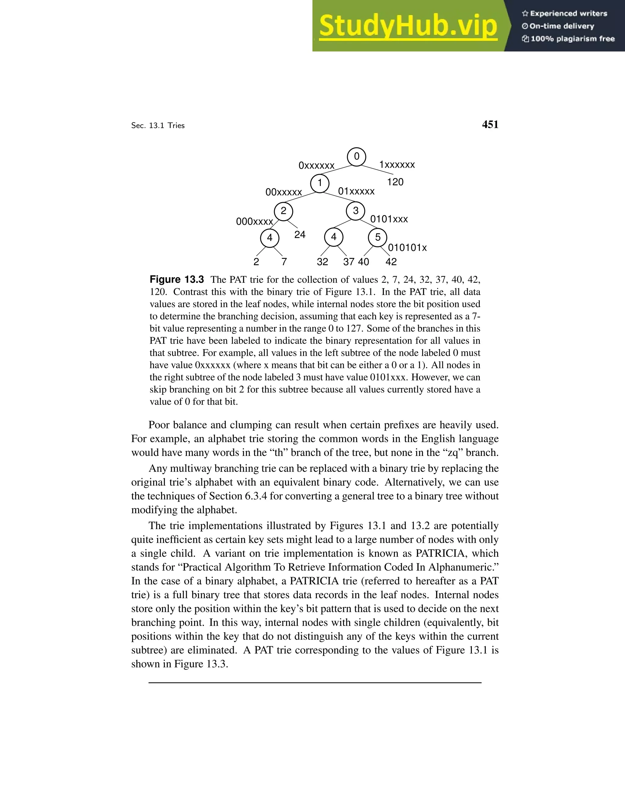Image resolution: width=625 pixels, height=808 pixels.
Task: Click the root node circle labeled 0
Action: [356, 157]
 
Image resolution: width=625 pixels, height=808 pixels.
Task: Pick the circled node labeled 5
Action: [378, 238]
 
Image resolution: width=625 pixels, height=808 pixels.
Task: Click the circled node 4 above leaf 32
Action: [334, 237]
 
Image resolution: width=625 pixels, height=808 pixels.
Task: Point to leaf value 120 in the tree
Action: [395, 182]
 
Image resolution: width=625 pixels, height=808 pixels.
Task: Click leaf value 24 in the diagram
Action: [300, 234]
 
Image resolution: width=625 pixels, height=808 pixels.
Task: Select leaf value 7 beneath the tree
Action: [284, 262]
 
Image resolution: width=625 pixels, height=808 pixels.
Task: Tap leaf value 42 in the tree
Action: [391, 262]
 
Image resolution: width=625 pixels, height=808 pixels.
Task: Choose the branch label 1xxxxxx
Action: [397, 165]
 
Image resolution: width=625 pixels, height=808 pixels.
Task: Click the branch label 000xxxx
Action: [255, 222]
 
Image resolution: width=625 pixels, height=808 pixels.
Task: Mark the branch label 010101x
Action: [407, 248]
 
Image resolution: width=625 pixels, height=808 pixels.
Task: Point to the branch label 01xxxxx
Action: [356, 191]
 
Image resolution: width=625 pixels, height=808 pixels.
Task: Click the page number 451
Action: [490, 125]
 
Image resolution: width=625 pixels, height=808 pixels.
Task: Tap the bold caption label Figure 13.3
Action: [177, 280]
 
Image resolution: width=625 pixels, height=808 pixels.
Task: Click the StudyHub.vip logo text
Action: [408, 26]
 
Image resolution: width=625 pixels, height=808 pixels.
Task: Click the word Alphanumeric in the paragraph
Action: [463, 567]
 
